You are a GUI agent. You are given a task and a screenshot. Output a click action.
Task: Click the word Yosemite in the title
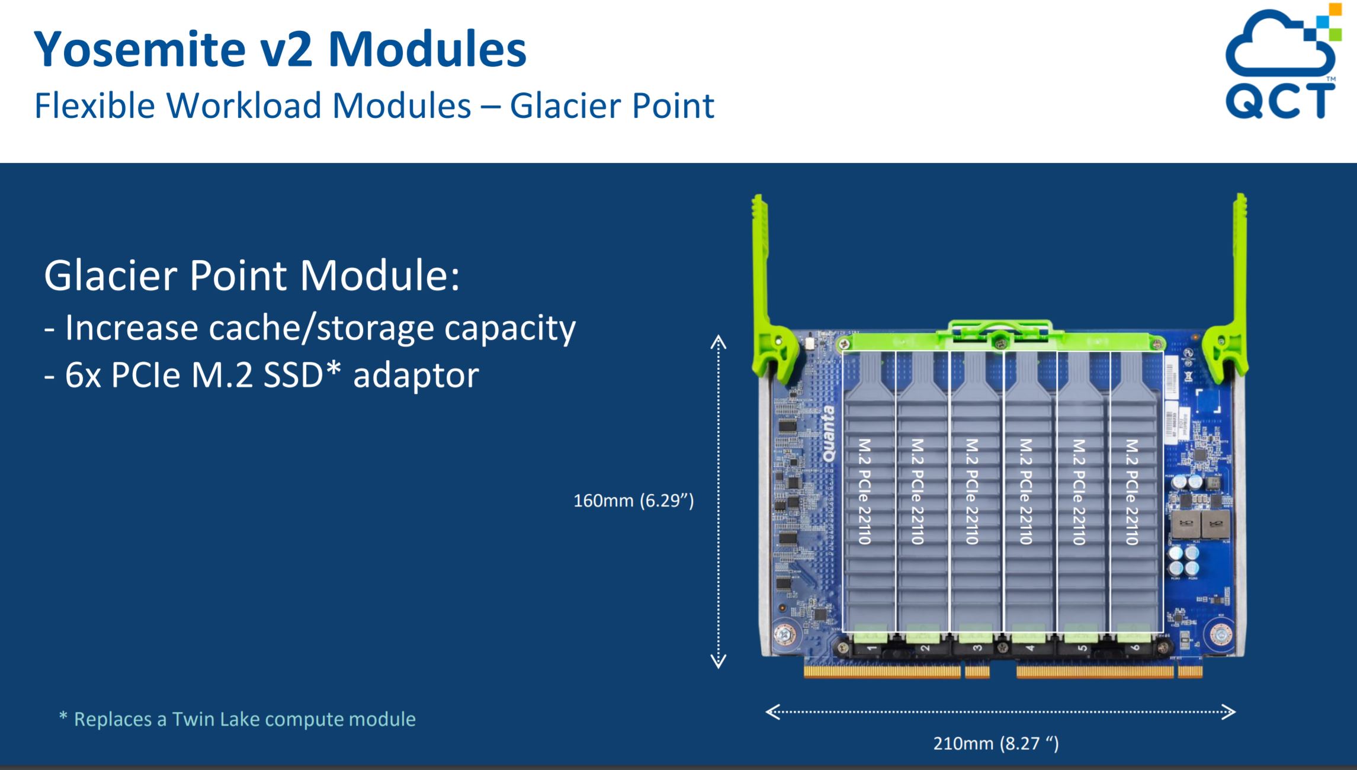(x=140, y=50)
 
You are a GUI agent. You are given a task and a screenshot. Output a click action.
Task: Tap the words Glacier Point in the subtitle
(x=612, y=106)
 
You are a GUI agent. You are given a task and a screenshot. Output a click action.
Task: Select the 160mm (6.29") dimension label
(x=633, y=501)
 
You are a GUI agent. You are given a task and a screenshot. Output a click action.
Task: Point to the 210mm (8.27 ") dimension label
(x=996, y=743)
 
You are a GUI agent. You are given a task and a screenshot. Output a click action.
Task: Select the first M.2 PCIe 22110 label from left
(x=864, y=491)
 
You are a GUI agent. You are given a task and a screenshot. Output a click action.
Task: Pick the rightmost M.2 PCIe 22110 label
(x=1131, y=491)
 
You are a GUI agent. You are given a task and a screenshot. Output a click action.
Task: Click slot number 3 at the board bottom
(x=977, y=647)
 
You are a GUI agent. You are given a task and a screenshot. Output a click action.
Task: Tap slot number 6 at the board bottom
(x=1135, y=647)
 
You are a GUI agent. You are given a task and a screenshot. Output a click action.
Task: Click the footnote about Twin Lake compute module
(x=238, y=719)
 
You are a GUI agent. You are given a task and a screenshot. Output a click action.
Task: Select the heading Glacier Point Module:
(x=252, y=275)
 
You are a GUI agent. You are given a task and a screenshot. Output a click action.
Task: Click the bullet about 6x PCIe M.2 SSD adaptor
(x=261, y=376)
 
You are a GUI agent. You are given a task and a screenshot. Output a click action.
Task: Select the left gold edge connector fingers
(x=882, y=671)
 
